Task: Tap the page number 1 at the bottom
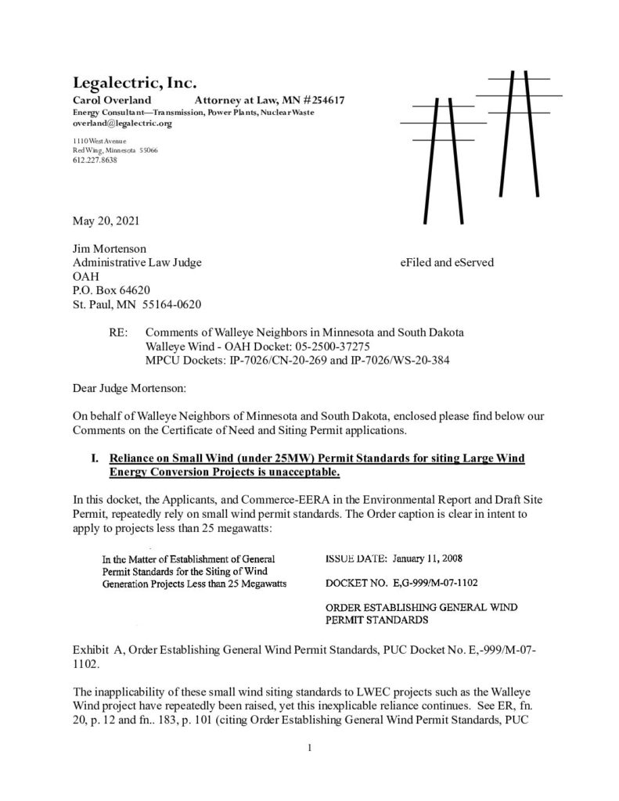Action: click(310, 748)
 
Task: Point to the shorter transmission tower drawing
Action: click(442, 149)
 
